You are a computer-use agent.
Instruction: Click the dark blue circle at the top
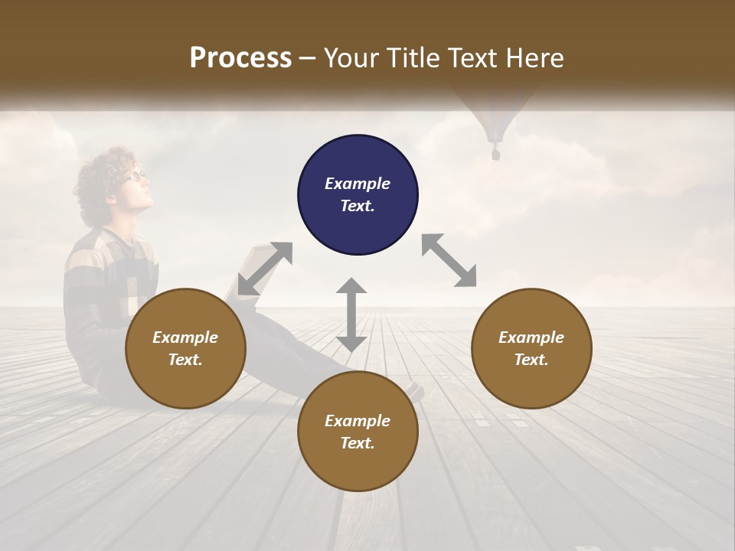358,195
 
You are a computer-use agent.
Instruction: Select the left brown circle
185,349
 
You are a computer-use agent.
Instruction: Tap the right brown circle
531,349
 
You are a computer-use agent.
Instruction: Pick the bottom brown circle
358,432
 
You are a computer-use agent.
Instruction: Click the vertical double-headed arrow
351,315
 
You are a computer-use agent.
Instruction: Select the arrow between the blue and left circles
265,269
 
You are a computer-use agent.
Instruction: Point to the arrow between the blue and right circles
449,260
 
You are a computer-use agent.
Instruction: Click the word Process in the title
240,58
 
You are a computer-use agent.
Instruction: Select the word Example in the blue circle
358,184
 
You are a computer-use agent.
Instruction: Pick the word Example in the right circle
531,337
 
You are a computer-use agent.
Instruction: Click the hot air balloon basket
495,155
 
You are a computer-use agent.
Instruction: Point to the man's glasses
136,175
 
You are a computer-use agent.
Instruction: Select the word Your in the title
346,58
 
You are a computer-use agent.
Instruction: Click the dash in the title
308,59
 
